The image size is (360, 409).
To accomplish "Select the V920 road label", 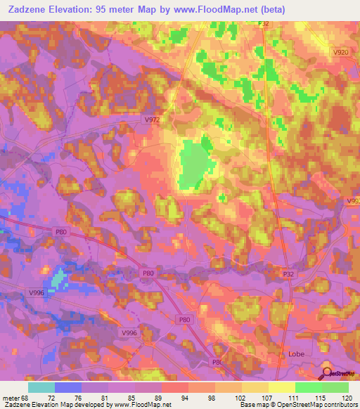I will tap(340, 53).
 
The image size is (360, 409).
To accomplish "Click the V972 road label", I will tap(152, 120).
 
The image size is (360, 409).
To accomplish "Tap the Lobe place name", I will tap(297, 354).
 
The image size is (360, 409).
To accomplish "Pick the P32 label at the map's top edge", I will tap(264, 24).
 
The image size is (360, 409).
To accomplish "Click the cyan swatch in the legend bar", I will tap(41, 387).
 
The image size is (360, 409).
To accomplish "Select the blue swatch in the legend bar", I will tap(68, 387).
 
